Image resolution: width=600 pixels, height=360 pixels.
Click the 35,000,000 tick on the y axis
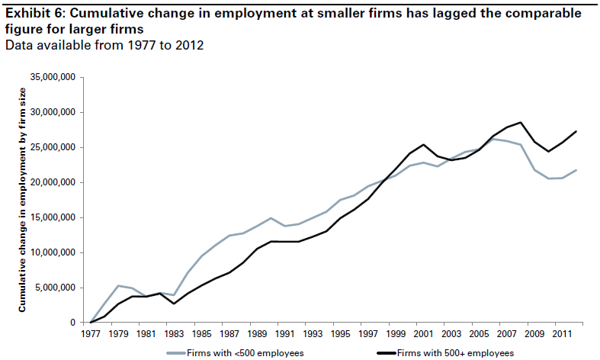point(52,77)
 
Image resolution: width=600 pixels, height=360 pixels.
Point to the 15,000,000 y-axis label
point(52,217)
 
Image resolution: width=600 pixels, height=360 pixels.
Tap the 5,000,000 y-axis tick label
point(54,288)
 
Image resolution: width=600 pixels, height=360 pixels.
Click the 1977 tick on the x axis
point(91,333)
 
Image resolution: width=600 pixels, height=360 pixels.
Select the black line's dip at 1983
point(174,304)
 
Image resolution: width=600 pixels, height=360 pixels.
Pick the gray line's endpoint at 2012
point(576,170)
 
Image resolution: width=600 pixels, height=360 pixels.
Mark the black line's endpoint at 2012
point(576,131)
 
